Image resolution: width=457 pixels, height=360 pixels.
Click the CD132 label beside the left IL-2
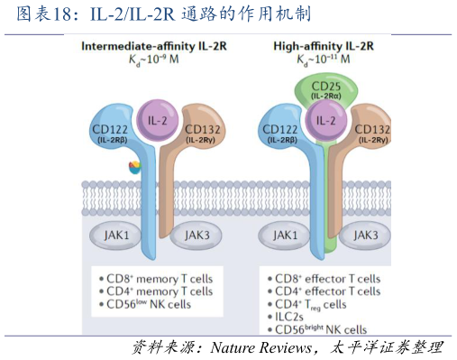pos(203,132)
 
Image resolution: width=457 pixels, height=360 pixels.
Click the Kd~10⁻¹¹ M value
pos(324,59)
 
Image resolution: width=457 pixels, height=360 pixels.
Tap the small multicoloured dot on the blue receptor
pos(134,166)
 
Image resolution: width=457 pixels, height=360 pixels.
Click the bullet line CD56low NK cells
pos(150,304)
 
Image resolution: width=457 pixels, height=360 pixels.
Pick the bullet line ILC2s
pos(292,318)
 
